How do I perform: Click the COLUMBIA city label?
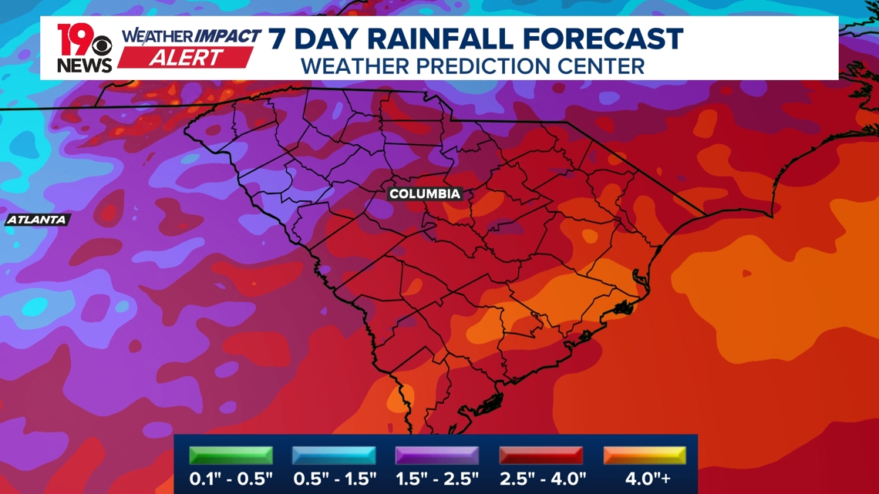(x=425, y=194)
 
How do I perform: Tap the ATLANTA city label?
(x=37, y=220)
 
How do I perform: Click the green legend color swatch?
(x=231, y=455)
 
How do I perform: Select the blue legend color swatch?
(x=334, y=455)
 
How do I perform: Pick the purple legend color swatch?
(x=436, y=455)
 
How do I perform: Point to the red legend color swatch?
(x=541, y=455)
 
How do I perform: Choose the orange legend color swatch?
(x=645, y=455)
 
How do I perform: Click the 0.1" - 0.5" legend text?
(x=231, y=479)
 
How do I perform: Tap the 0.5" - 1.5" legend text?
(x=335, y=479)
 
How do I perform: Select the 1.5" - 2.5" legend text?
(x=437, y=479)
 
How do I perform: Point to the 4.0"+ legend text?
(x=647, y=479)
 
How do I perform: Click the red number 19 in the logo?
(x=74, y=39)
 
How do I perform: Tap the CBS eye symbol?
(x=102, y=48)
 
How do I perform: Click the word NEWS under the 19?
(x=84, y=66)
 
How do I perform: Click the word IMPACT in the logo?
(x=227, y=36)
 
